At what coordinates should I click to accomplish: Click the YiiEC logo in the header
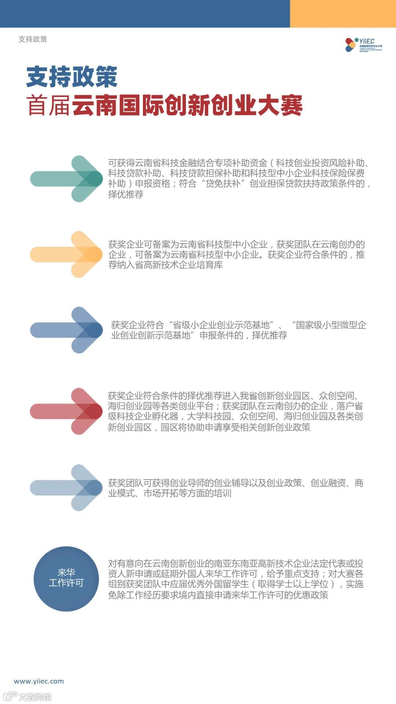pos(363,45)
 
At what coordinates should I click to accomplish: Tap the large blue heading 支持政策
pos(71,77)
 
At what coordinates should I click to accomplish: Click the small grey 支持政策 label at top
pos(33,39)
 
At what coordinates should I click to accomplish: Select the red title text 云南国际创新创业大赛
pos(187,105)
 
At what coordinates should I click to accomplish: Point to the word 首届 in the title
pos(48,106)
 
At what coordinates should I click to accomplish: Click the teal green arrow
pos(66,179)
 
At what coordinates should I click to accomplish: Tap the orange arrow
pos(66,254)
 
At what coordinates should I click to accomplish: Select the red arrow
pos(66,411)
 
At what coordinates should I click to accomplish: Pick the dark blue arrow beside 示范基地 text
pos(66,330)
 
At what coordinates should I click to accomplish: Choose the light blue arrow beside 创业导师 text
pos(66,488)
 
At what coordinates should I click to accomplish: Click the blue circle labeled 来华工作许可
pos(66,579)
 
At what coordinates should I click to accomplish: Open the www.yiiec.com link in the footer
pos(39,681)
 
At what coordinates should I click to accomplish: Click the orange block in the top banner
pos(343,14)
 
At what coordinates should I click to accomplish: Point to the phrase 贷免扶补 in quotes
pos(225,183)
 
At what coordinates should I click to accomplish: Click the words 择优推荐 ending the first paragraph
pos(126,194)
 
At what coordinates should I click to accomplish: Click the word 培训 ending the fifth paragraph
pos(223,493)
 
